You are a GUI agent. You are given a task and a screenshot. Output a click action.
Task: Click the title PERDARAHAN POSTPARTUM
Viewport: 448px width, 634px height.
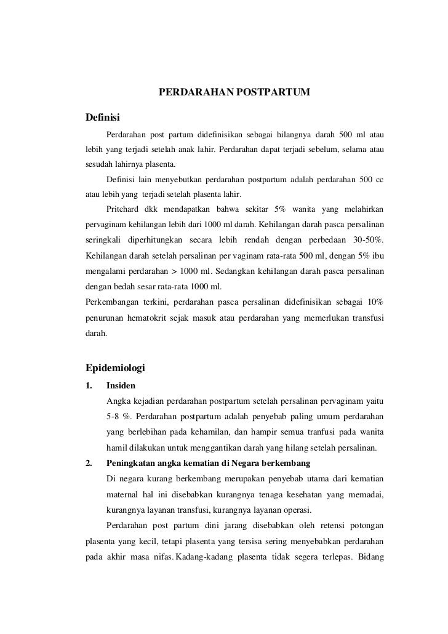(x=234, y=93)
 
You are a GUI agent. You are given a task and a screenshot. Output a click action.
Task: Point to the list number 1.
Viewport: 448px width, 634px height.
(x=88, y=386)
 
